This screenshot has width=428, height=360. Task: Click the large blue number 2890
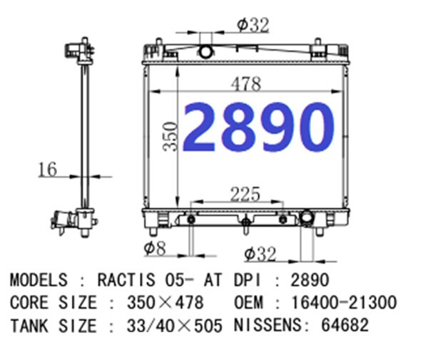coord(258,127)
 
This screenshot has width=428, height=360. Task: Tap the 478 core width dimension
coord(246,84)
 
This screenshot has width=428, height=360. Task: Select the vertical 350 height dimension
coord(170,136)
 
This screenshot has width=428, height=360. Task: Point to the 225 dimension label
coord(245,194)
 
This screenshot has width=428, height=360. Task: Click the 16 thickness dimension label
coord(48,170)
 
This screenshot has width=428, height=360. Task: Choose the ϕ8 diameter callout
coord(155,248)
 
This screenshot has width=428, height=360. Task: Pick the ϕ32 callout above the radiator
coord(253,25)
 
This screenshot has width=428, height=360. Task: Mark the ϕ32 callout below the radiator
coord(260,254)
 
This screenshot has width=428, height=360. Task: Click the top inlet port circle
coord(205,51)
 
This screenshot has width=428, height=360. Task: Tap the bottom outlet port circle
coord(307,217)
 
